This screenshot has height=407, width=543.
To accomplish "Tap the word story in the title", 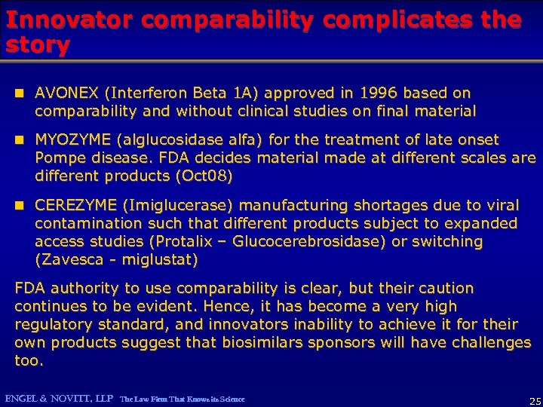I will coord(37,45).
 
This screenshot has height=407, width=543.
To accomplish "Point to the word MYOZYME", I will coord(69,140).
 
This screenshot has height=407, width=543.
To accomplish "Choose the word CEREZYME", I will coord(75,205).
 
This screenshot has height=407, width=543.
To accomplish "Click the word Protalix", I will coord(193,242).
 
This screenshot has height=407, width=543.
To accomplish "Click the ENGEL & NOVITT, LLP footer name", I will coord(59,398).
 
